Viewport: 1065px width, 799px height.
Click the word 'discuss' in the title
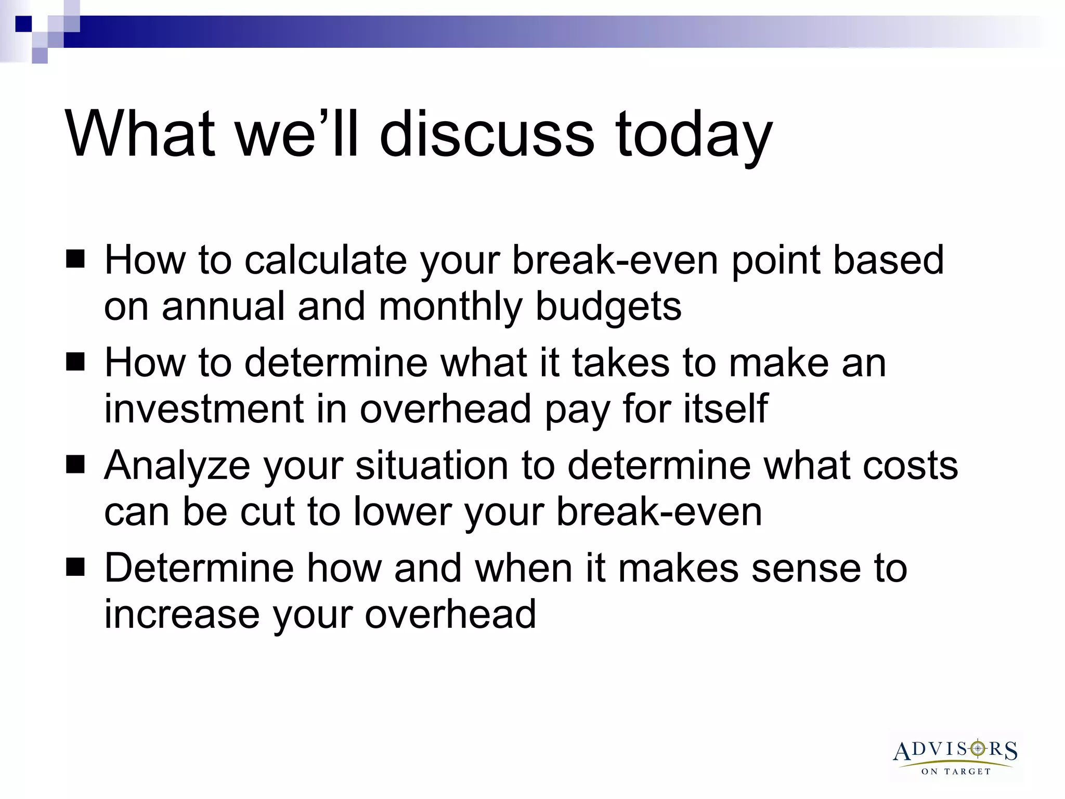pyautogui.click(x=486, y=134)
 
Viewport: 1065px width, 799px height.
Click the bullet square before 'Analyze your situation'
pyautogui.click(x=75, y=464)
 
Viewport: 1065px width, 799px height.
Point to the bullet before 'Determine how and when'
pyautogui.click(x=75, y=567)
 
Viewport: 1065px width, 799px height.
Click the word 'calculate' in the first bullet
pyautogui.click(x=326, y=260)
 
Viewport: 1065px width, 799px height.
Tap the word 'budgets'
pyautogui.click(x=608, y=307)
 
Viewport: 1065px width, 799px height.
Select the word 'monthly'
pyautogui.click(x=450, y=307)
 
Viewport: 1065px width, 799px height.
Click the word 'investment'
pyautogui.click(x=204, y=409)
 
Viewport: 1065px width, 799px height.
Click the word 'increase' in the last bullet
pyautogui.click(x=181, y=614)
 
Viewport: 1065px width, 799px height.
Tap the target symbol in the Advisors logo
pyautogui.click(x=978, y=749)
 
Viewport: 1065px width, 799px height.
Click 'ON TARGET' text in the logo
pyautogui.click(x=956, y=771)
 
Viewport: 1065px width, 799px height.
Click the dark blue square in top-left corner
pyautogui.click(x=23, y=24)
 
